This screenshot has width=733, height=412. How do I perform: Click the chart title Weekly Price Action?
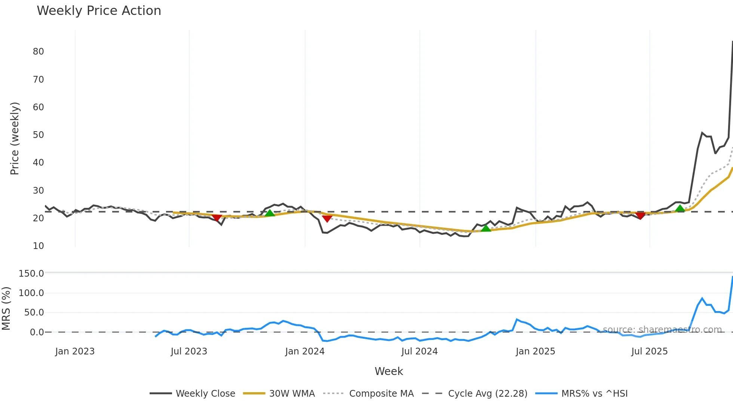point(99,11)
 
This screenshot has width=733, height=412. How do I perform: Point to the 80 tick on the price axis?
point(38,52)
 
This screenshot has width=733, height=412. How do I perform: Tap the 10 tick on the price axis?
point(38,246)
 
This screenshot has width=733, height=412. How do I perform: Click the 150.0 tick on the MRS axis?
point(31,274)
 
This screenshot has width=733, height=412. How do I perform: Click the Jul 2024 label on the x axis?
point(419,351)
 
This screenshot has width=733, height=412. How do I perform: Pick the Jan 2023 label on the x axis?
point(75,351)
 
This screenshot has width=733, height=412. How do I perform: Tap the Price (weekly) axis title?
point(15,138)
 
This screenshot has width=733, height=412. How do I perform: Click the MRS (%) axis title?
point(6,308)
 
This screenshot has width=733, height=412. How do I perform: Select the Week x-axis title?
point(389,371)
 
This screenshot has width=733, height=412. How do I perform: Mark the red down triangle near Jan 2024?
point(327,218)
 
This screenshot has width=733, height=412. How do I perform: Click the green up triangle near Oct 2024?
point(485,228)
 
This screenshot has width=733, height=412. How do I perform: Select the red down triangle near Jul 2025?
point(641,215)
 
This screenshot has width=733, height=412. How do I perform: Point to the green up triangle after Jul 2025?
point(680,208)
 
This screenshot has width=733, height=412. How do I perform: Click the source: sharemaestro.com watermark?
point(662,329)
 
